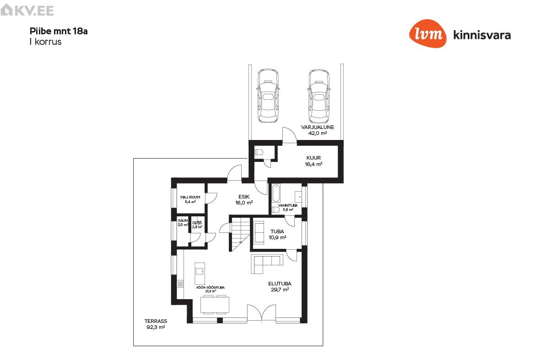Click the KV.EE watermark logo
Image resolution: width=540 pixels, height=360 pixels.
(27, 11)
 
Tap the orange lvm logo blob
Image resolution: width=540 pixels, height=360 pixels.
(428, 33)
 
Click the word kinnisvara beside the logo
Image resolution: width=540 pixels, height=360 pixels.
(482, 35)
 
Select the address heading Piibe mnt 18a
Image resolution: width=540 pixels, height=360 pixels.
(59, 31)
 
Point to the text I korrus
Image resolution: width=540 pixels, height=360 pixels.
(45, 42)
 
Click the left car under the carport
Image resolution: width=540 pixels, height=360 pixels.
(268, 96)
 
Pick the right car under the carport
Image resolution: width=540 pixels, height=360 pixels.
(319, 96)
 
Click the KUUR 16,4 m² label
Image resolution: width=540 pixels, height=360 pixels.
(313, 161)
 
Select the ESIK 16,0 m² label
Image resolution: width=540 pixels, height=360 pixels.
(244, 199)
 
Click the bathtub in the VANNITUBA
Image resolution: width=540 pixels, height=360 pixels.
(276, 193)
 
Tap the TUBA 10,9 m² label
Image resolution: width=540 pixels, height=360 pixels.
(277, 234)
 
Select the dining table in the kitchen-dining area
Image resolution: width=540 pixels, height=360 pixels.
(215, 304)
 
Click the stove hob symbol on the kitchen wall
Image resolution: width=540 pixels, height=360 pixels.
(180, 284)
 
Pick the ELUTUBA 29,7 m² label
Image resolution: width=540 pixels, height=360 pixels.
(280, 286)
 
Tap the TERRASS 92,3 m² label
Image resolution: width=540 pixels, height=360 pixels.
(156, 324)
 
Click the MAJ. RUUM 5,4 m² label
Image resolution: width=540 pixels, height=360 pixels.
(190, 199)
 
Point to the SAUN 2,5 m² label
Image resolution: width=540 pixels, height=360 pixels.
(183, 223)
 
